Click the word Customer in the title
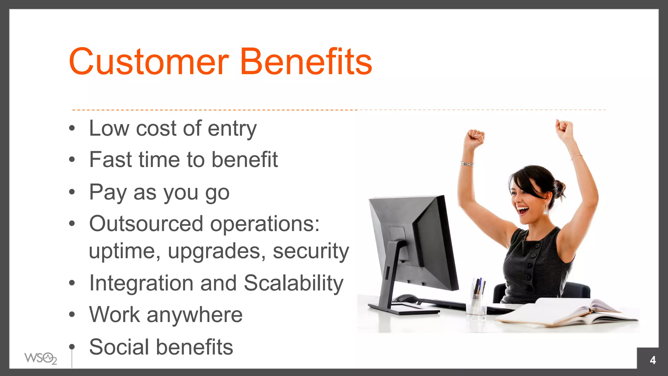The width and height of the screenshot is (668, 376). point(148,62)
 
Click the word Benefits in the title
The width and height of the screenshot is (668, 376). point(306,62)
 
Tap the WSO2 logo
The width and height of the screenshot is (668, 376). point(40,358)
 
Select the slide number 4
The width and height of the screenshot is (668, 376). point(653,360)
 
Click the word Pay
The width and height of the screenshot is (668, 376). point(108,193)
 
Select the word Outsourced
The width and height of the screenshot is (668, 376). point(146,224)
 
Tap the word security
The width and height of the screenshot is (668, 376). point(311,251)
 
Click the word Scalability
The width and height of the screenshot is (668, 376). point(293,283)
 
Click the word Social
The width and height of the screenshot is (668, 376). point(119,347)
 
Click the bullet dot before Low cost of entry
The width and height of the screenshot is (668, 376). point(72,128)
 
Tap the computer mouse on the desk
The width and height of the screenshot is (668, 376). point(405,298)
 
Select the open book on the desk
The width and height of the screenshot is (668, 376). point(568,313)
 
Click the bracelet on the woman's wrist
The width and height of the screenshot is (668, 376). point(467,164)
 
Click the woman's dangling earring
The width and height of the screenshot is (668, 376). point(545,209)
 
